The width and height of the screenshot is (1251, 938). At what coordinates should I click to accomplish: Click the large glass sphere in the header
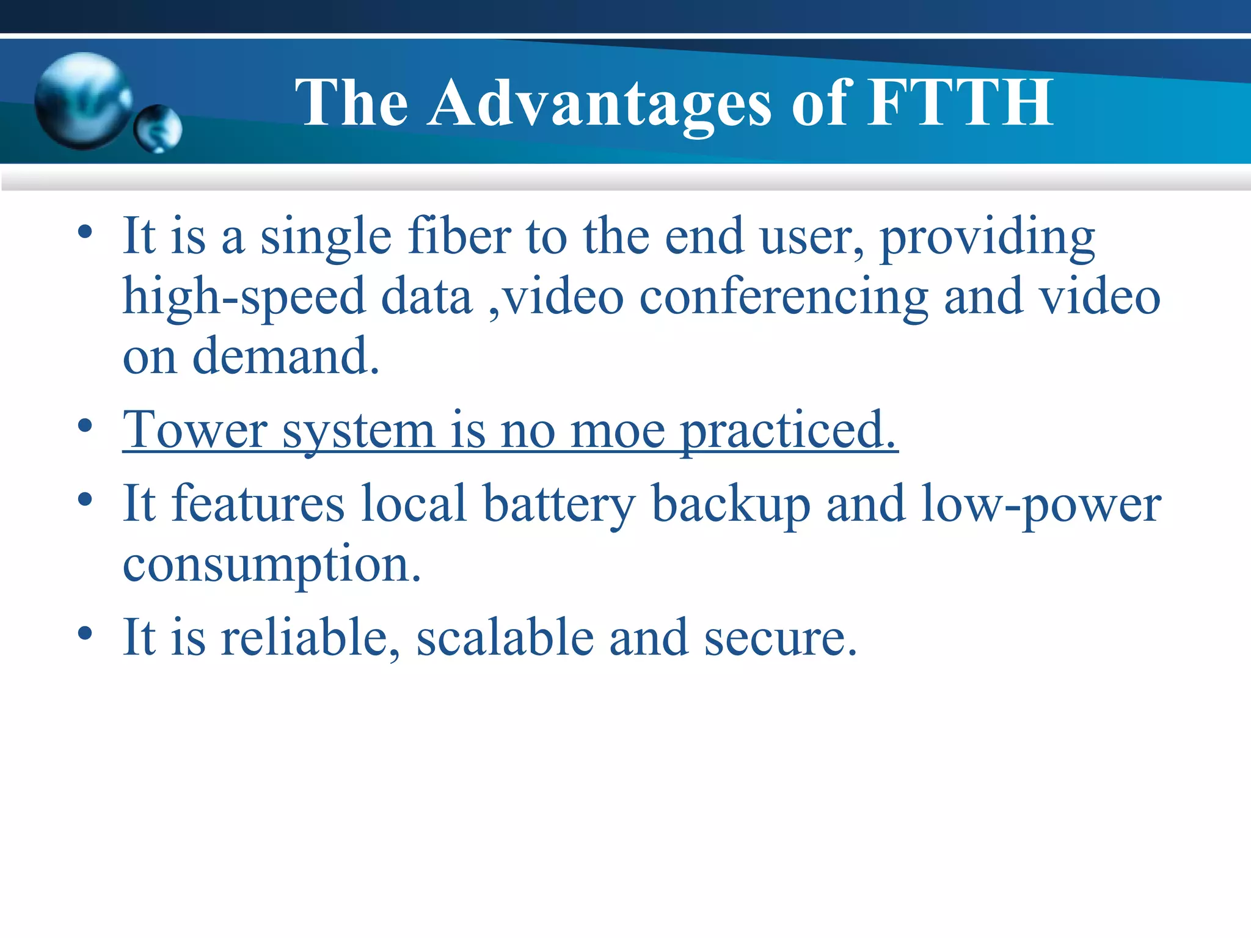(82, 101)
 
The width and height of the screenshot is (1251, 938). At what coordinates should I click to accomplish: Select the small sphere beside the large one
(158, 129)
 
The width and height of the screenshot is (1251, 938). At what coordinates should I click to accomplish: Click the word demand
(286, 357)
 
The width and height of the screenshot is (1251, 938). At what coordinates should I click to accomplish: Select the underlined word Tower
(195, 431)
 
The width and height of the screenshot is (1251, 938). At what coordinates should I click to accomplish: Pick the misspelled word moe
(618, 431)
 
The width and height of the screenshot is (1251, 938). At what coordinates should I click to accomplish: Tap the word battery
(559, 504)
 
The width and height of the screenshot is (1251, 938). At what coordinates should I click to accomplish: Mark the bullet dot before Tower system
(85, 426)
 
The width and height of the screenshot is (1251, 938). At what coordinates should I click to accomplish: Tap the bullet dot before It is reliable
(85, 633)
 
